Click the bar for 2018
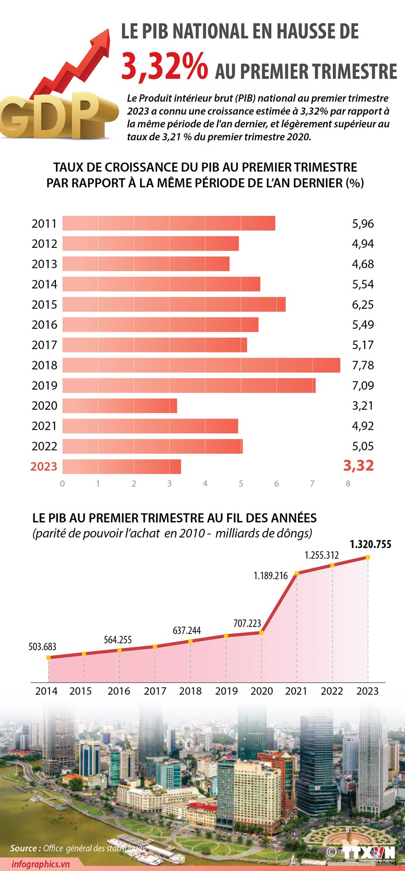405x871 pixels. click(201, 365)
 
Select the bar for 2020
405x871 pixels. click(120, 406)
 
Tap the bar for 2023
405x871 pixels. click(122, 466)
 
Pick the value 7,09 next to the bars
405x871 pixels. click(363, 386)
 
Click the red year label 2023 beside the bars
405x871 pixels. click(44, 466)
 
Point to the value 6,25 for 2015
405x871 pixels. click(363, 305)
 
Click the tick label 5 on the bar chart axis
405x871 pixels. click(241, 484)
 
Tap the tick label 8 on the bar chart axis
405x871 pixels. click(348, 484)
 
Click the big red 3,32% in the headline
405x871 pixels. click(164, 67)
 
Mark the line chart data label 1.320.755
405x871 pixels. click(370, 544)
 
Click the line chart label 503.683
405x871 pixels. click(43, 647)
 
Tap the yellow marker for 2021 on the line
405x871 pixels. click(297, 573)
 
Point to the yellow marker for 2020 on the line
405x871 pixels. click(261, 633)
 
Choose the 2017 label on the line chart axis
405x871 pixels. click(155, 691)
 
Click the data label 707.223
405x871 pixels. click(247, 623)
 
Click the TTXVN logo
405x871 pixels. click(369, 853)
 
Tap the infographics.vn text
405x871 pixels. click(41, 864)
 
